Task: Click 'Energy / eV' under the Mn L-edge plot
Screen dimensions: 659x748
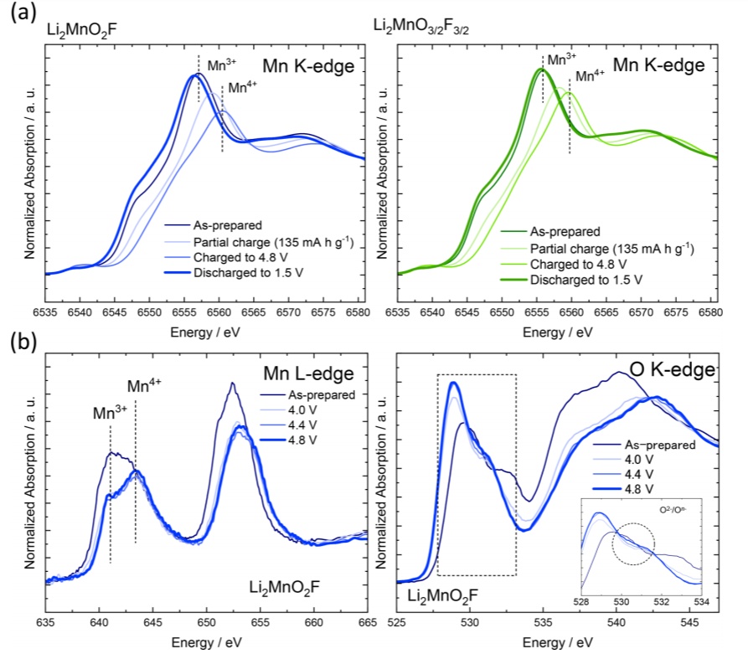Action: (205, 642)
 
